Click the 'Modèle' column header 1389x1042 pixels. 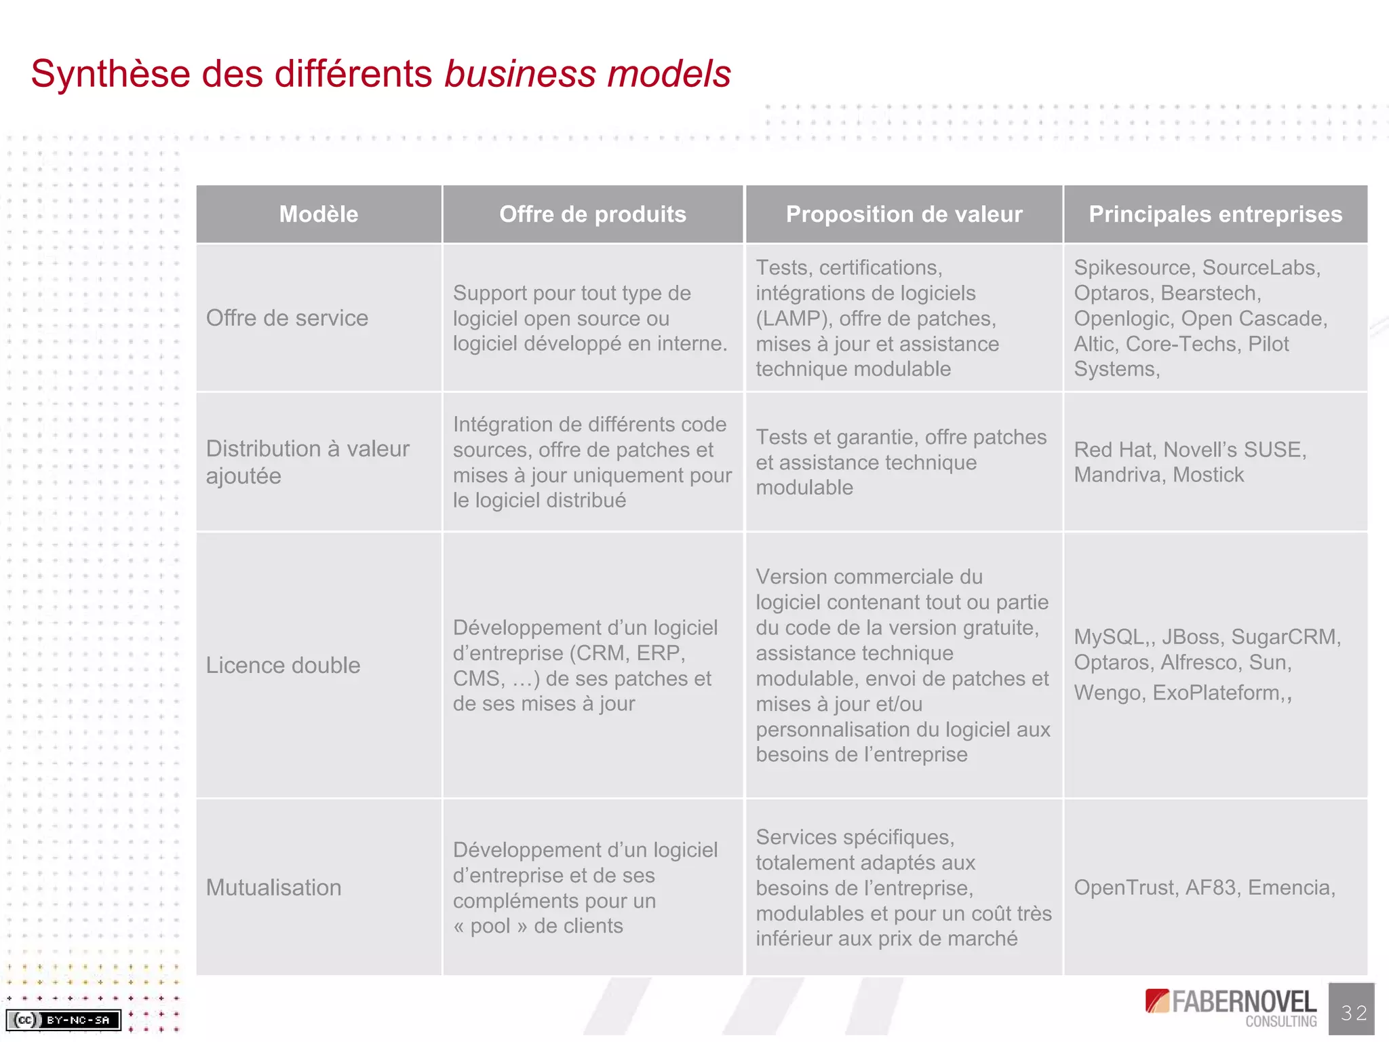tap(319, 214)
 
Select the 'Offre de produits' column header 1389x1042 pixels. tap(593, 214)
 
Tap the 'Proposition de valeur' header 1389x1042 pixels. tap(903, 214)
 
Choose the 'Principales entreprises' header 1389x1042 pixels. tap(1215, 214)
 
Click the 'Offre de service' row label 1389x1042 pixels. tap(287, 318)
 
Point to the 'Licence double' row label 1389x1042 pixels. tap(283, 665)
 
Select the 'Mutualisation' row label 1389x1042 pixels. tap(273, 887)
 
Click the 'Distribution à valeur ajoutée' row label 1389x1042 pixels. tap(307, 462)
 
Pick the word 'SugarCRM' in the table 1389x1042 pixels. tap(1284, 637)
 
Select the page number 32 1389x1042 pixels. tap(1353, 1013)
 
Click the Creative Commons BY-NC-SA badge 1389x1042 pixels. tap(64, 1020)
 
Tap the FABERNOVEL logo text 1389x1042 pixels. tap(1244, 1002)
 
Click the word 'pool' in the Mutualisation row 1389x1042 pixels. tap(490, 926)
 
